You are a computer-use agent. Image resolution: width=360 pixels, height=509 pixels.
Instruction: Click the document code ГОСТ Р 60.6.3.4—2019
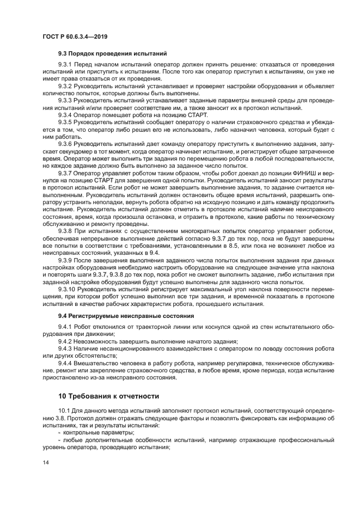[x=74, y=36]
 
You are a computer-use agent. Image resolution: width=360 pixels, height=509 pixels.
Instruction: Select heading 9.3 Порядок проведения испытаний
[x=112, y=53]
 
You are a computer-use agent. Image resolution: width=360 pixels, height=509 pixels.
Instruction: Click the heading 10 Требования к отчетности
[x=109, y=396]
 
